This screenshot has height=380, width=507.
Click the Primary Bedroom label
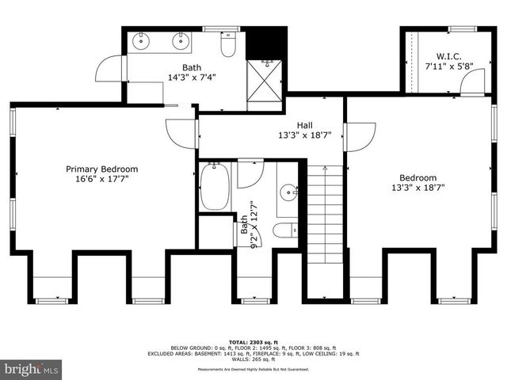pyautogui.click(x=101, y=169)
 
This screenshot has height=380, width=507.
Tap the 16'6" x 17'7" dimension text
pyautogui.click(x=101, y=179)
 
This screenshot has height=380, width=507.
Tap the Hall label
pyautogui.click(x=304, y=125)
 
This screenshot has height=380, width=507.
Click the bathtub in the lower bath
pyautogui.click(x=214, y=186)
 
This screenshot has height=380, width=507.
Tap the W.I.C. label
pyautogui.click(x=449, y=56)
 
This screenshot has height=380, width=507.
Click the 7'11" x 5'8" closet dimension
pyautogui.click(x=449, y=66)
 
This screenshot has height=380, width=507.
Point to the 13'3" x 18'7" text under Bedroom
pyautogui.click(x=417, y=188)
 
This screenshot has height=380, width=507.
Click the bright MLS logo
pyautogui.click(x=32, y=369)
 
